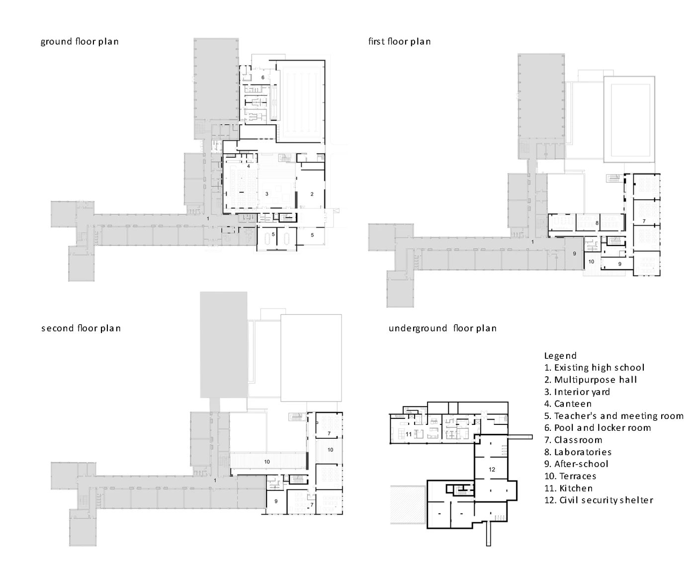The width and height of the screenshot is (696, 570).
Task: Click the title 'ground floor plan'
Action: click(x=80, y=42)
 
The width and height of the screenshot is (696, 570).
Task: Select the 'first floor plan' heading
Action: click(x=399, y=41)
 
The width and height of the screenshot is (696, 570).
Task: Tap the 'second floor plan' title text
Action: click(x=81, y=328)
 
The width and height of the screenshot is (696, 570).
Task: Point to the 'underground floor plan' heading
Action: click(x=442, y=328)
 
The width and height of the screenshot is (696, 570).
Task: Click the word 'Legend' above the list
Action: click(x=560, y=356)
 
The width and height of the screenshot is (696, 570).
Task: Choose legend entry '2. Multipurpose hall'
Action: click(x=591, y=380)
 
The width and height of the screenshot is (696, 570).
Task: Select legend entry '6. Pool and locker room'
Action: click(x=598, y=428)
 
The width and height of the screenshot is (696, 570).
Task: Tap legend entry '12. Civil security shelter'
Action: click(x=599, y=500)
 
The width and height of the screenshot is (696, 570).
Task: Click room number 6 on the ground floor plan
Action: click(x=262, y=78)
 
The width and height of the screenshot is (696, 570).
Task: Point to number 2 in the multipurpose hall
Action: click(x=312, y=194)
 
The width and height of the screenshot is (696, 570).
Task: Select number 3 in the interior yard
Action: click(x=266, y=194)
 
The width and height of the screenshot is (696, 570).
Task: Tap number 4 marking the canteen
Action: click(x=249, y=166)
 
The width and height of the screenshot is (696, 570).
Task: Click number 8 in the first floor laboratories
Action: click(x=597, y=223)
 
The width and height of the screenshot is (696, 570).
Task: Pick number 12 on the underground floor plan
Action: click(x=492, y=470)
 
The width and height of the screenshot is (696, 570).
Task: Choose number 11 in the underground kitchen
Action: click(x=409, y=434)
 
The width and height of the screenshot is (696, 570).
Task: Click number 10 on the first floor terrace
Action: click(x=591, y=261)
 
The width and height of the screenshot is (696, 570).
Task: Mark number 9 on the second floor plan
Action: click(x=276, y=501)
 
